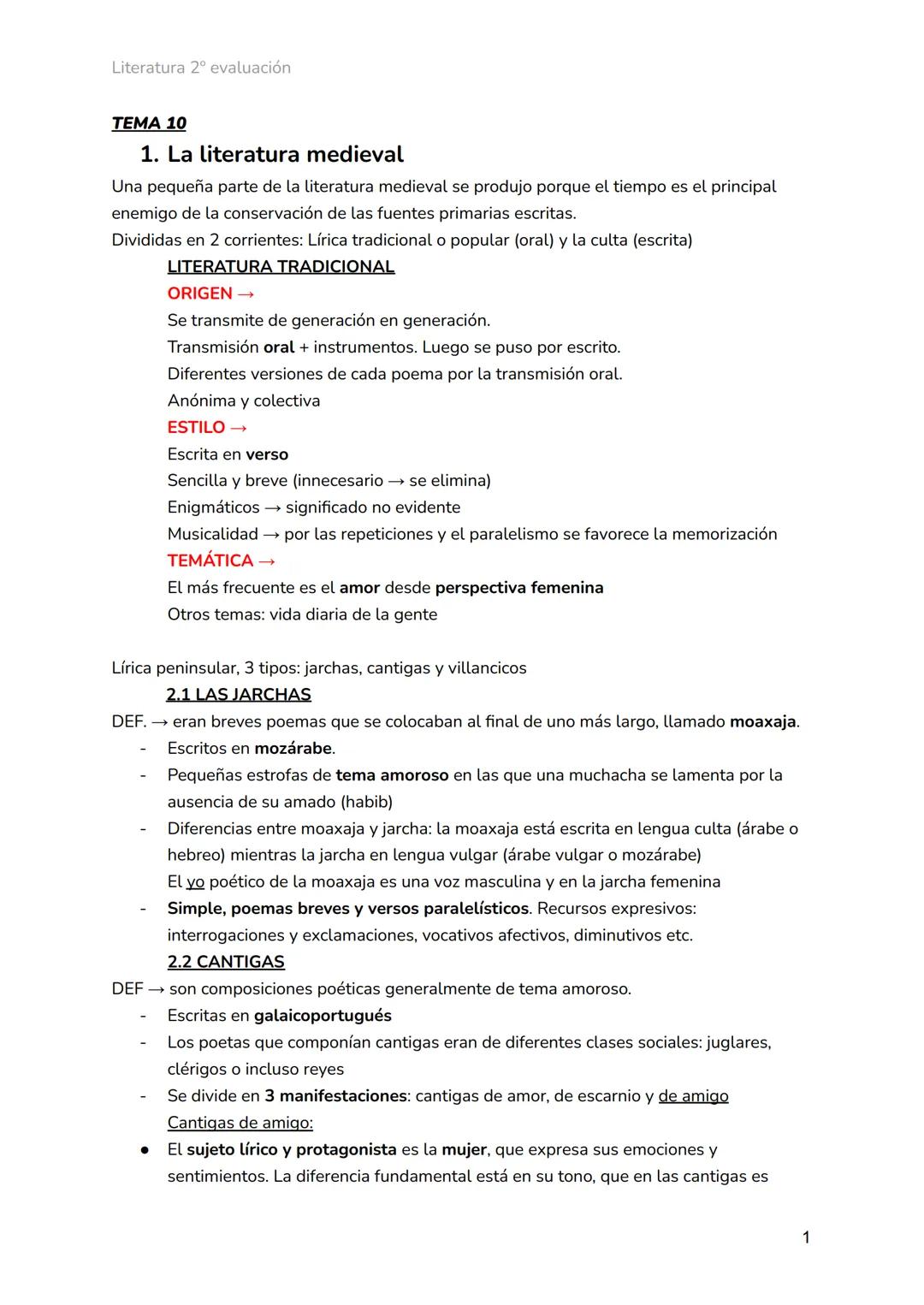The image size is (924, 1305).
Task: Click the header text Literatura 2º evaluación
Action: click(201, 68)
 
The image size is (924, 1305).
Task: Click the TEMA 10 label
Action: click(149, 123)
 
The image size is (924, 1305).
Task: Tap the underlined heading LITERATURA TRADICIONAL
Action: click(281, 267)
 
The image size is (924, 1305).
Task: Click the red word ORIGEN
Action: click(200, 294)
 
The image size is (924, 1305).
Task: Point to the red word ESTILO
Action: click(197, 427)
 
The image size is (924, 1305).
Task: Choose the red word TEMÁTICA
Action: click(210, 561)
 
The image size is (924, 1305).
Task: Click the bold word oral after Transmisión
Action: click(279, 347)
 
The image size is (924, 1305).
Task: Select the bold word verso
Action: click(267, 454)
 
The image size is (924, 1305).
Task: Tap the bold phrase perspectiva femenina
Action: click(519, 588)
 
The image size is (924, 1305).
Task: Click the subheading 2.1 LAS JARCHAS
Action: click(239, 695)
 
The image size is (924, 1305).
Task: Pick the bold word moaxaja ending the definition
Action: click(762, 721)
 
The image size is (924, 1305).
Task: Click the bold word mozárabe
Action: click(293, 749)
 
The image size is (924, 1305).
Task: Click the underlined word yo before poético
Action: click(195, 882)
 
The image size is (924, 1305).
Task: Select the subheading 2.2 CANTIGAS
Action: click(226, 962)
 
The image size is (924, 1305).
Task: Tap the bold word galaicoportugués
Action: click(323, 1016)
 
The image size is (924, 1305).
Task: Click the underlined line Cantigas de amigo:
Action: click(240, 1123)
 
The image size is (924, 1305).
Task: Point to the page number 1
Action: click(805, 1237)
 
